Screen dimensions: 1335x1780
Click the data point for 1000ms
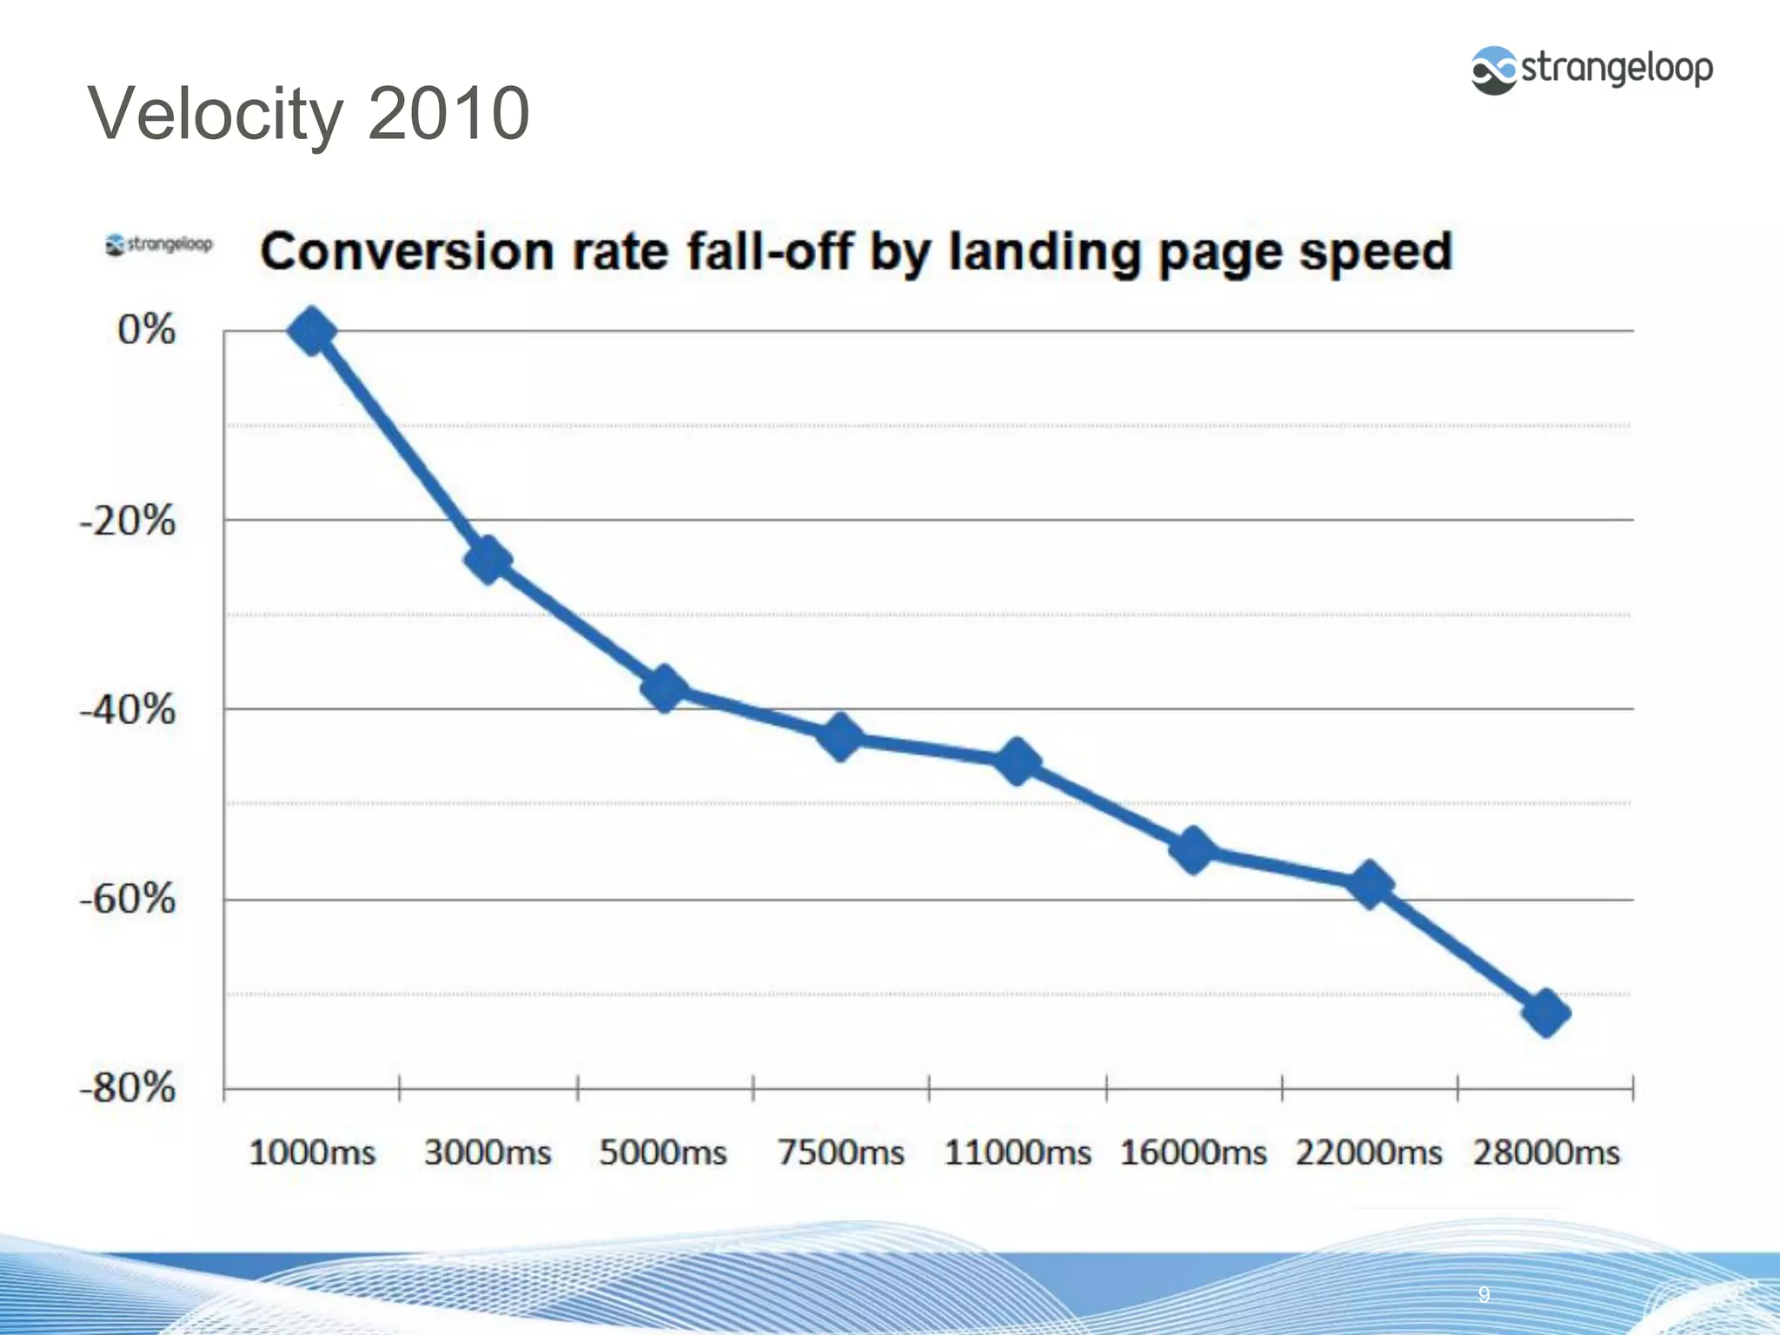[x=312, y=331]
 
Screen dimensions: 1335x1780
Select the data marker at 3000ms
[x=488, y=560]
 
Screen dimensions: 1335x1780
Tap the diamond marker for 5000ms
[x=665, y=689]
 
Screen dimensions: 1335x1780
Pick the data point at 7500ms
[x=840, y=738]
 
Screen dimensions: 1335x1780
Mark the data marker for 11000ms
[x=1017, y=761]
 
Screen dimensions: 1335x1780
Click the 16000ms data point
[x=1193, y=850]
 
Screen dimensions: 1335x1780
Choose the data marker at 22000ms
[x=1370, y=885]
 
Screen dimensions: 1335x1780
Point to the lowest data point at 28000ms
[x=1546, y=1013]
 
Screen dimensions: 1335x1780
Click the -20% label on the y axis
[x=128, y=521]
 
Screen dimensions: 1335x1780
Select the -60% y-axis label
[x=128, y=899]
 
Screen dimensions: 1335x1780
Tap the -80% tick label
[x=128, y=1087]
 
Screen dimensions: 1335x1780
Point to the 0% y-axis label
[x=146, y=330]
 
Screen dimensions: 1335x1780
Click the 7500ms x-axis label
[x=840, y=1153]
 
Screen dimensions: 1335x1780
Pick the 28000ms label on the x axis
[x=1546, y=1153]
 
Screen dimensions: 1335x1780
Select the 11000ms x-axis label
[x=1017, y=1153]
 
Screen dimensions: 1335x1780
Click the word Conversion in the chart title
[x=407, y=252]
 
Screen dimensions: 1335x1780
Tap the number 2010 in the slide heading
[x=448, y=114]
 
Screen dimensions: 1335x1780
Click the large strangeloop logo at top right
[x=1591, y=70]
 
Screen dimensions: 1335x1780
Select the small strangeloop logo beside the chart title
[x=159, y=244]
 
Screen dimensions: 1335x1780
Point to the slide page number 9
[x=1484, y=1294]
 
